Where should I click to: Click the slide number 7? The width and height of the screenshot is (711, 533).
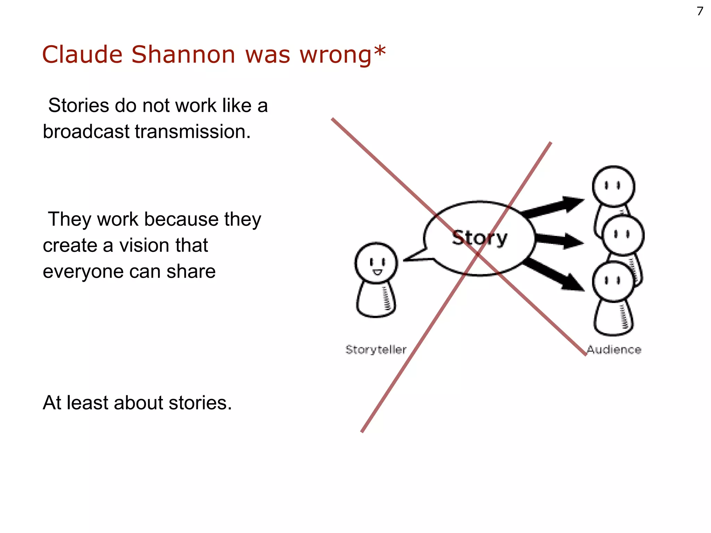point(700,11)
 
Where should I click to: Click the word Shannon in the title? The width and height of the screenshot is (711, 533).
point(183,55)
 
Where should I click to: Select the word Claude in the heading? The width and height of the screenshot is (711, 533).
point(82,55)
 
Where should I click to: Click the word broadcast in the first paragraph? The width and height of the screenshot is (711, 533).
point(86,132)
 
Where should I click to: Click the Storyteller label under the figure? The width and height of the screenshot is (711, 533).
point(376,349)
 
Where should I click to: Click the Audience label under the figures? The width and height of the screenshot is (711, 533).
point(614,349)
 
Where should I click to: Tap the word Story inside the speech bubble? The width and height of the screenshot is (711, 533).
point(479,238)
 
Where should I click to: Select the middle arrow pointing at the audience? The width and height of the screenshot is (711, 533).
point(559,240)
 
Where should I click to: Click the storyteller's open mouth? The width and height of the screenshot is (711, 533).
point(377,272)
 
